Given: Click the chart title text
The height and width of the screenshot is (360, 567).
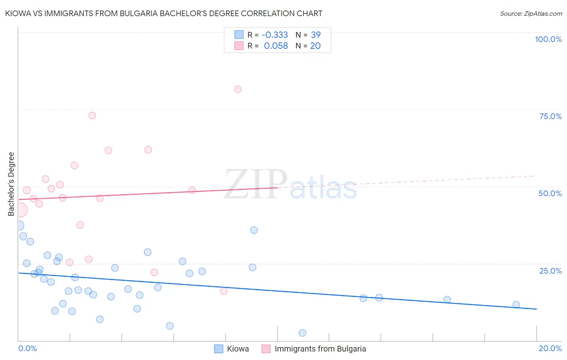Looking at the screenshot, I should tap(164, 13).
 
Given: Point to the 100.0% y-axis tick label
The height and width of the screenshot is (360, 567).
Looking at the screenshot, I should tap(548, 39).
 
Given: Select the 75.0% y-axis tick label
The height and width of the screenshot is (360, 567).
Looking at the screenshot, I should tap(550, 116).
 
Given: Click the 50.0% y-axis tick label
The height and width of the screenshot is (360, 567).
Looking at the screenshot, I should tap(550, 193).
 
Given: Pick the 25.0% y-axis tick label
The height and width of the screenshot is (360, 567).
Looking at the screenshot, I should tap(550, 271).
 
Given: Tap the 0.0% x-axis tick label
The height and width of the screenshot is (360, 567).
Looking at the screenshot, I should tap(28, 348).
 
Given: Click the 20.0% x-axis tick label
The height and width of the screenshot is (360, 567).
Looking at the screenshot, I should tap(550, 348).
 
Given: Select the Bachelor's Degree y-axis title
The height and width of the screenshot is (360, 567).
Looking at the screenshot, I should tap(11, 184).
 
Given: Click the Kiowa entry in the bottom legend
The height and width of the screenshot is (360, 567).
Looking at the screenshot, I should tap(238, 349).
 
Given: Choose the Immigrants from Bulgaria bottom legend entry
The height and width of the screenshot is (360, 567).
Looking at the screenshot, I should tap(320, 349).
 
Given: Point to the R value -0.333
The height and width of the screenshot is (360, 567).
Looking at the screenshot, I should tap(275, 35).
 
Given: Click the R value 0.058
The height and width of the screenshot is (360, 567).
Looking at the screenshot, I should tap(276, 46).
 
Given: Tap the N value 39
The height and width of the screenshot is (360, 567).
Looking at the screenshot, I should tap(316, 35).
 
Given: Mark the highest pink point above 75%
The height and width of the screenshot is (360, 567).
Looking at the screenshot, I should tap(238, 89).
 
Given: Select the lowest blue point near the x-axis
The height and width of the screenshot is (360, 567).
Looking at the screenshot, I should tap(302, 333).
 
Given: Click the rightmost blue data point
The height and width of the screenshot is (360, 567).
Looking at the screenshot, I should tap(516, 305).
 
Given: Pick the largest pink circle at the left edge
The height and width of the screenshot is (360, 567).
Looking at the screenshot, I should tap(20, 210).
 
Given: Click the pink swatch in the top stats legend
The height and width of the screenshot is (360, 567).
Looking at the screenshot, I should tap(239, 46).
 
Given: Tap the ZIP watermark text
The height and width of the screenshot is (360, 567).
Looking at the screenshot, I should tap(256, 184).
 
